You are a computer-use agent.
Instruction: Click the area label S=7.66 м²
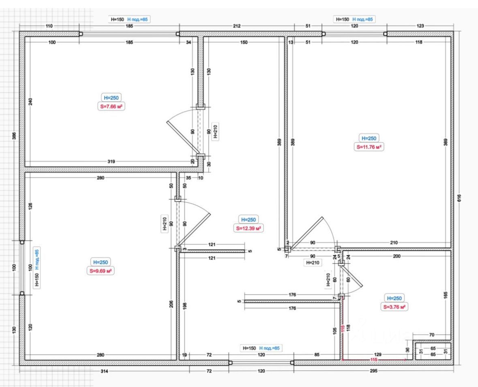[x=112, y=106]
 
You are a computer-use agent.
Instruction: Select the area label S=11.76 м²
[x=369, y=147]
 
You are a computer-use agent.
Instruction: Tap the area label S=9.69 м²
[x=100, y=271]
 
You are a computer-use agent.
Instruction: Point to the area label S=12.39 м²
[x=249, y=228]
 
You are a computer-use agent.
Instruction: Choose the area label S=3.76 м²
[x=394, y=307]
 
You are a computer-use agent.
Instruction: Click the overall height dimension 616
[x=459, y=198]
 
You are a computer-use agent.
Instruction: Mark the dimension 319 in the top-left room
[x=111, y=161]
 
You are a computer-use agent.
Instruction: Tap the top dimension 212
[x=237, y=26]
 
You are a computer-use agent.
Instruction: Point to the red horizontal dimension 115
[x=374, y=360]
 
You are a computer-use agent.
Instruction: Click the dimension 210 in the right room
[x=394, y=242]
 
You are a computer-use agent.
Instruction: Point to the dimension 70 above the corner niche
[x=431, y=335]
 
